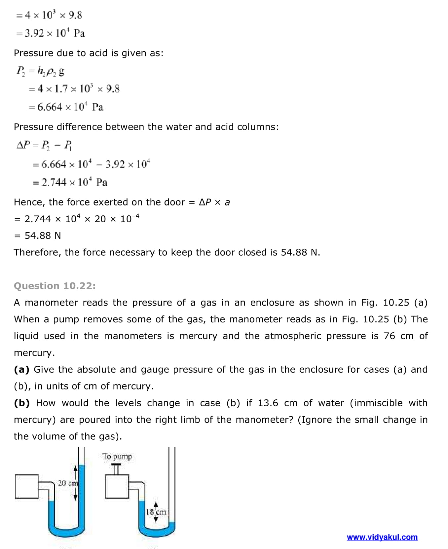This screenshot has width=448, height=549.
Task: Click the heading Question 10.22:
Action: pos(55,286)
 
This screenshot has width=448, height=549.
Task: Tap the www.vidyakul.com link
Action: pos(382,537)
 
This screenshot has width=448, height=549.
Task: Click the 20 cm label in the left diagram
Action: pos(68,483)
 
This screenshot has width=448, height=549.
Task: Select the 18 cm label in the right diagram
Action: pos(156,512)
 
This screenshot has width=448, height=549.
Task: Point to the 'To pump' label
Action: pos(117,457)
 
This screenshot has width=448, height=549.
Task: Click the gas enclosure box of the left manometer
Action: pos(27,486)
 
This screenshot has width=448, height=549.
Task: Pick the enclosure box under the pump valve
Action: pos(117,486)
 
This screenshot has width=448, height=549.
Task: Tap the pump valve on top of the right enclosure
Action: pos(116,468)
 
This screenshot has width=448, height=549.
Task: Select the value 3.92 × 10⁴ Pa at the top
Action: pos(55,33)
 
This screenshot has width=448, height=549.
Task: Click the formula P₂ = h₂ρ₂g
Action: pos(40,71)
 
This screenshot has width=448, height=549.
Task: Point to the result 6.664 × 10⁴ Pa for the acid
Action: pos(70,107)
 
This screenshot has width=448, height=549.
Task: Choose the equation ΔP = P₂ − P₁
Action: pos(44,145)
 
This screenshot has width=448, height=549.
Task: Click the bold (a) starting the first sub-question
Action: pos(21,369)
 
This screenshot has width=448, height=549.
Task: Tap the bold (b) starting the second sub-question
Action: pos(22,403)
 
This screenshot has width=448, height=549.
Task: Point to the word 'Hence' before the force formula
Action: pos(28,202)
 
